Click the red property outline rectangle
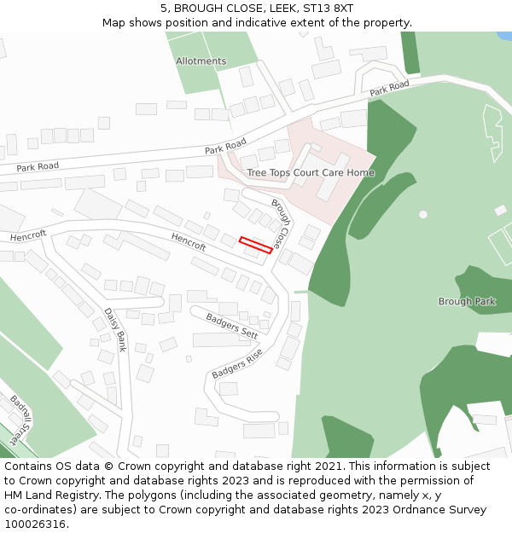point(255,245)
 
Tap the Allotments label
point(201,61)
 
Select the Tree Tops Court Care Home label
point(311,173)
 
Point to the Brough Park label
point(467,302)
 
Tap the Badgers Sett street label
point(231,325)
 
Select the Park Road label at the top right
point(389,88)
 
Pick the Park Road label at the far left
point(38,167)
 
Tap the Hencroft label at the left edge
point(28,234)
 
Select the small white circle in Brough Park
point(423,214)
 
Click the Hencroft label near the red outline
point(189,241)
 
